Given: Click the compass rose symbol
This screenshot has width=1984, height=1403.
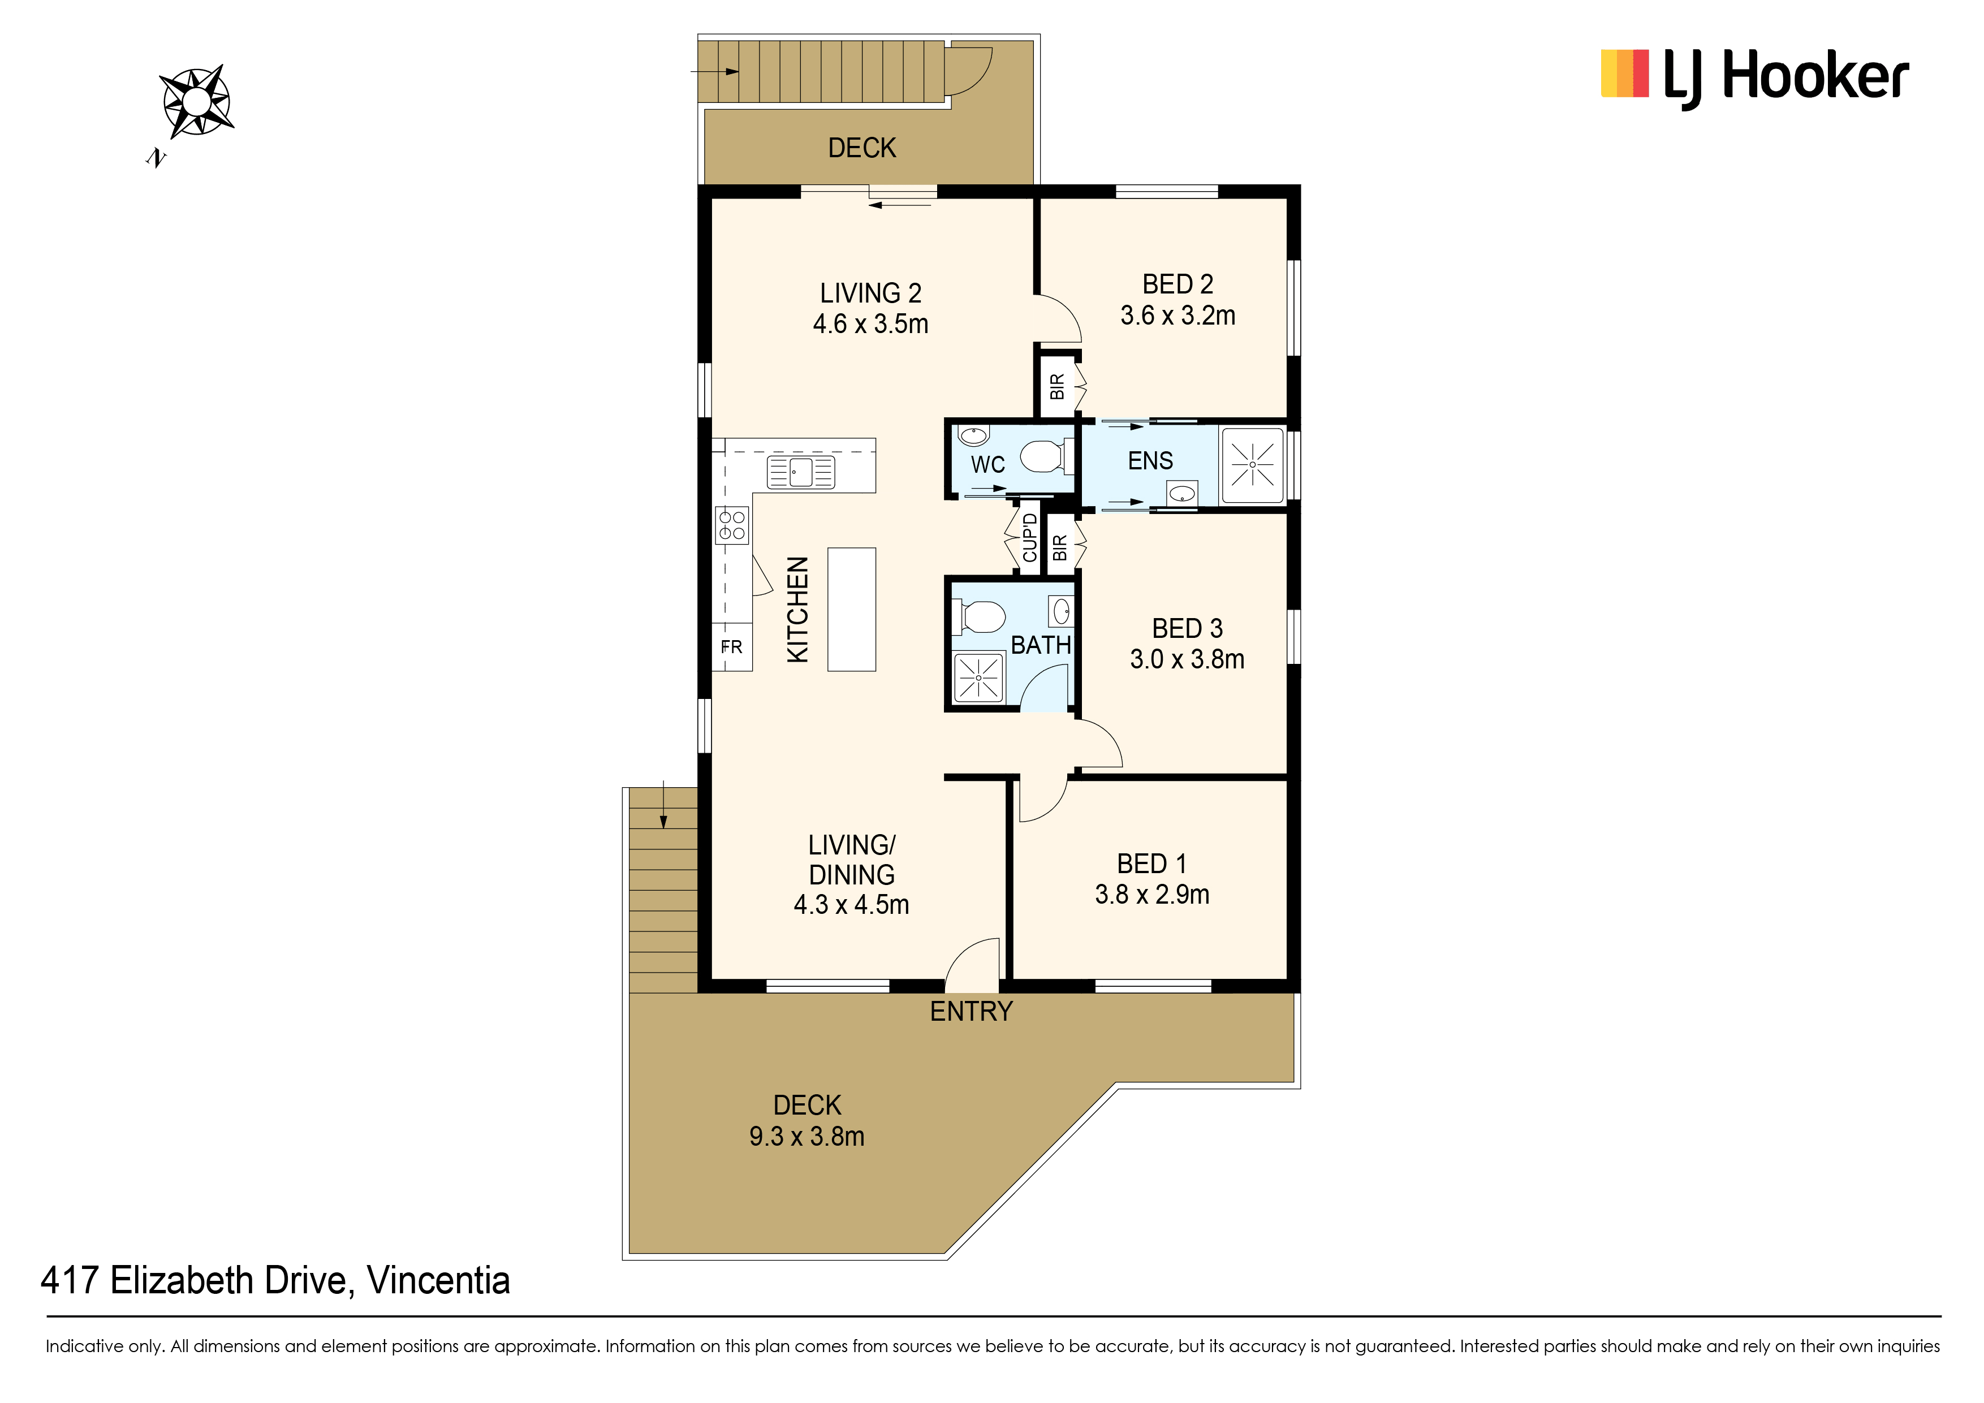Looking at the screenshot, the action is pos(197,102).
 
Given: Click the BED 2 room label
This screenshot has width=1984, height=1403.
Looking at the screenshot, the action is pos(1178,284).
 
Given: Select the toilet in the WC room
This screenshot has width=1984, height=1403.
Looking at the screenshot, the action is pos(1044,456).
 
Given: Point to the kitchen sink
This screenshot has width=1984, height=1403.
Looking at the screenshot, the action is pos(801,472).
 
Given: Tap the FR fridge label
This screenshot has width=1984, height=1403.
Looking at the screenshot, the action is pos(731,647).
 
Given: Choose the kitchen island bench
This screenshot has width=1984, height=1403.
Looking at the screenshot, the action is pos(851,609).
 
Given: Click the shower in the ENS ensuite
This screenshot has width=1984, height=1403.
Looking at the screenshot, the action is pos(1251,465).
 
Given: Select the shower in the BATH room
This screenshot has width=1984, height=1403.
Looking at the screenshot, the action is pos(978,678).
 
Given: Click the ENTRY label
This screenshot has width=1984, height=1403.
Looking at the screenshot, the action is pos(971,1011).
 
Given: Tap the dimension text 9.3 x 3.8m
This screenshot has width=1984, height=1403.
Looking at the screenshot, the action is pos(807,1136).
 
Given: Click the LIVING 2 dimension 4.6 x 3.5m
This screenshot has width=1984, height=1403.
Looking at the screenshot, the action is pos(871,324).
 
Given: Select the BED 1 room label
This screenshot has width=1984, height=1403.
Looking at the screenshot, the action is pos(1152,864).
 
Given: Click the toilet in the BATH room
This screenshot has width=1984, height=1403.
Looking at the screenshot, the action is pos(980,617).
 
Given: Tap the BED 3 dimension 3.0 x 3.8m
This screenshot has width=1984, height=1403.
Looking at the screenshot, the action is pos(1187,659).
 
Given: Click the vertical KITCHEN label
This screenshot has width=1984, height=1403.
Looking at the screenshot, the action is pos(797,609).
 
